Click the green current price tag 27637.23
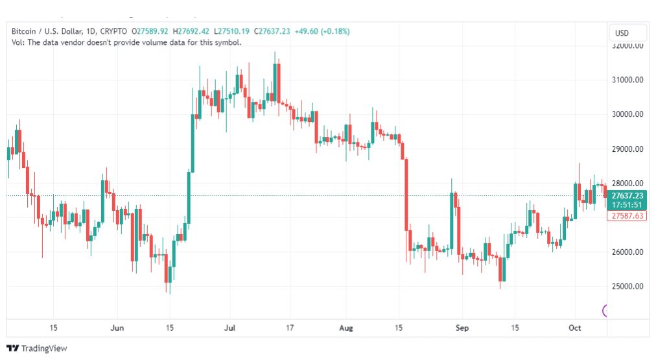[x=627, y=195]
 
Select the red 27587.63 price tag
[x=627, y=215]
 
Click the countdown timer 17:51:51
[x=627, y=204]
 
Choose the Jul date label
[x=230, y=327]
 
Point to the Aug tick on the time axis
[x=345, y=327]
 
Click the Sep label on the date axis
[x=461, y=327]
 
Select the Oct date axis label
[x=575, y=327]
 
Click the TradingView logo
[x=36, y=348]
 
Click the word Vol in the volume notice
[x=18, y=42]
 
